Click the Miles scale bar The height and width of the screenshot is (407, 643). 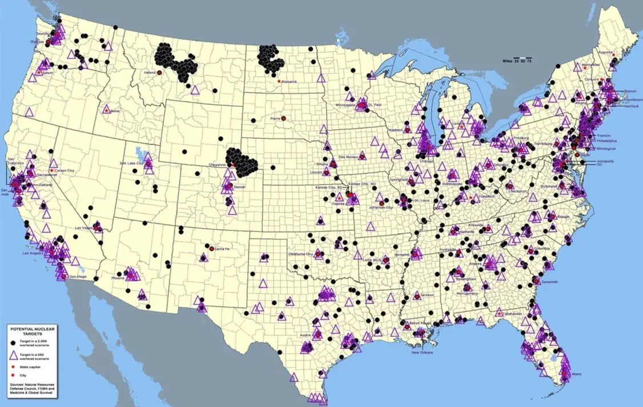coord(516,60)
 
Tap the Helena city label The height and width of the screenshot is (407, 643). coord(150,73)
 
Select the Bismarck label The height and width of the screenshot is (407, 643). coord(289,81)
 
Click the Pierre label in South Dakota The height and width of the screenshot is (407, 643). coord(275,118)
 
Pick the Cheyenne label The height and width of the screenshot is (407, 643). coord(218,165)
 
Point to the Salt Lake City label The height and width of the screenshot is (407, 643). coord(131,163)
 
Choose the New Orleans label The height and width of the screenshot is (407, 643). coord(424,352)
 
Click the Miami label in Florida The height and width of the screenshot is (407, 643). coord(576,374)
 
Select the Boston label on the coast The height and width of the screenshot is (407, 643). coord(630,91)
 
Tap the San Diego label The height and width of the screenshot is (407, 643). coord(78,276)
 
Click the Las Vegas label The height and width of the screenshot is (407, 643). coord(84,228)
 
